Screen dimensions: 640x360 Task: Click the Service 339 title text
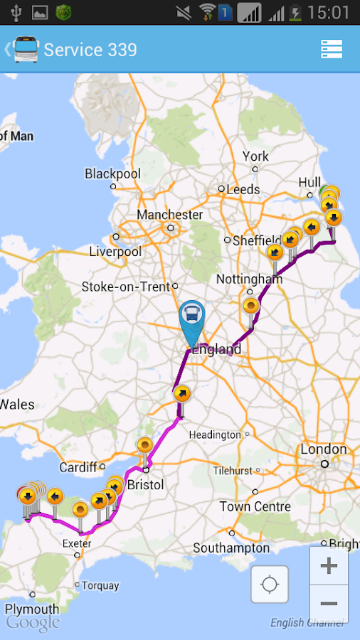point(90,50)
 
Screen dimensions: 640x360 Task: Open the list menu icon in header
point(332,49)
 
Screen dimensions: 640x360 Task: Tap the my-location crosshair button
point(270,585)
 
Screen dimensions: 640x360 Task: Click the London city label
point(324,449)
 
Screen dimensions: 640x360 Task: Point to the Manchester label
point(170,215)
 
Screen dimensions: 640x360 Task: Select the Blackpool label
point(113,174)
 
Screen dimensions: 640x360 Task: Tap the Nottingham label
point(249,279)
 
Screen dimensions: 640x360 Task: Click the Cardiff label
point(78,467)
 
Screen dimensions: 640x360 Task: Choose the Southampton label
point(231,548)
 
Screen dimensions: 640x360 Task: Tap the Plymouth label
point(32,609)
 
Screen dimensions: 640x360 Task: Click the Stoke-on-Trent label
point(126,287)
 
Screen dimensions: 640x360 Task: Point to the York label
point(255,156)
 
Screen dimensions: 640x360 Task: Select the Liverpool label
point(115,252)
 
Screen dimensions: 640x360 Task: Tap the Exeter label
point(77,544)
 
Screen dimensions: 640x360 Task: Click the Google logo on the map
point(33,624)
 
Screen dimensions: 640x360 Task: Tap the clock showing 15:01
point(330,12)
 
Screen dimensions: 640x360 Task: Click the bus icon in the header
point(26,50)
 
